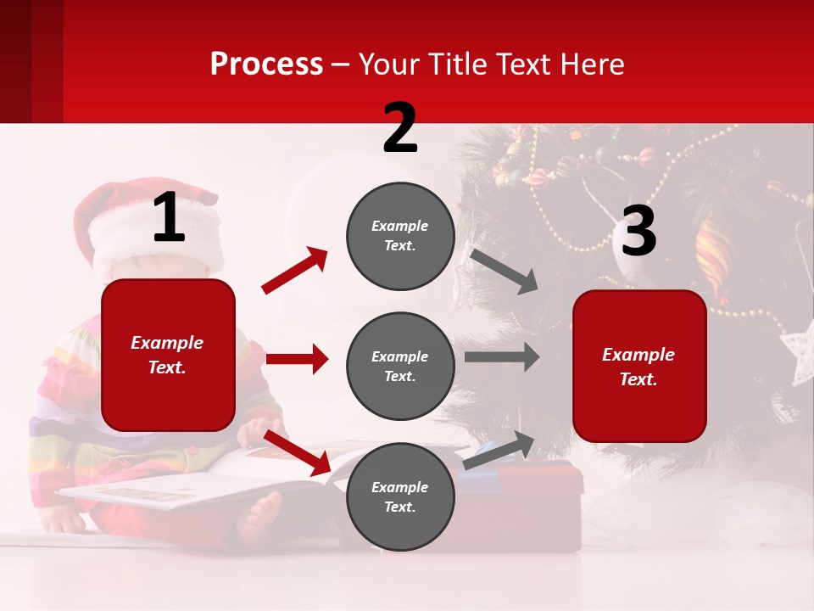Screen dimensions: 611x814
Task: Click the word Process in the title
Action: click(266, 64)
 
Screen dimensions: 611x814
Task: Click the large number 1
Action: click(170, 218)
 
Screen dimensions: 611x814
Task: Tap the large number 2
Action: click(400, 128)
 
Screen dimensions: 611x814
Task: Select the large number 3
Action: click(638, 232)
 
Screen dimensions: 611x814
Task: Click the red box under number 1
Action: click(168, 355)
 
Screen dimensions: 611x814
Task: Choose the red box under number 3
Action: click(639, 366)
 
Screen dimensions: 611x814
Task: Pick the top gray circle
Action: click(400, 236)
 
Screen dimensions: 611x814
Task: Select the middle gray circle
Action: click(400, 366)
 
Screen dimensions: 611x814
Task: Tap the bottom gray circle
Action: click(400, 496)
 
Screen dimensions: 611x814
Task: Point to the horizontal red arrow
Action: click(297, 359)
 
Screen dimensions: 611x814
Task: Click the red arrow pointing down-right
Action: click(297, 452)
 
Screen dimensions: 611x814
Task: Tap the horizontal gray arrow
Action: click(502, 357)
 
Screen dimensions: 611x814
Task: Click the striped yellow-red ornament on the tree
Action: click(713, 251)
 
